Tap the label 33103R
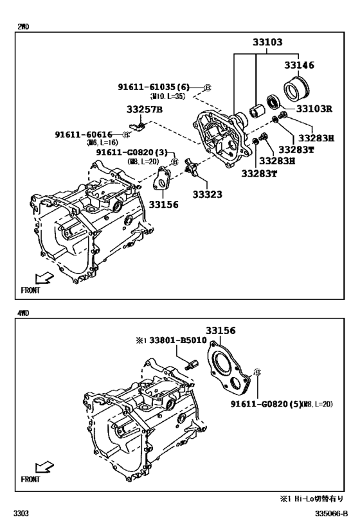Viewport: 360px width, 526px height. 310,109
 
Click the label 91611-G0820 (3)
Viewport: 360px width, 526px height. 132,152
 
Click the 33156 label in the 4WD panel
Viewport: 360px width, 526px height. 221,331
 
